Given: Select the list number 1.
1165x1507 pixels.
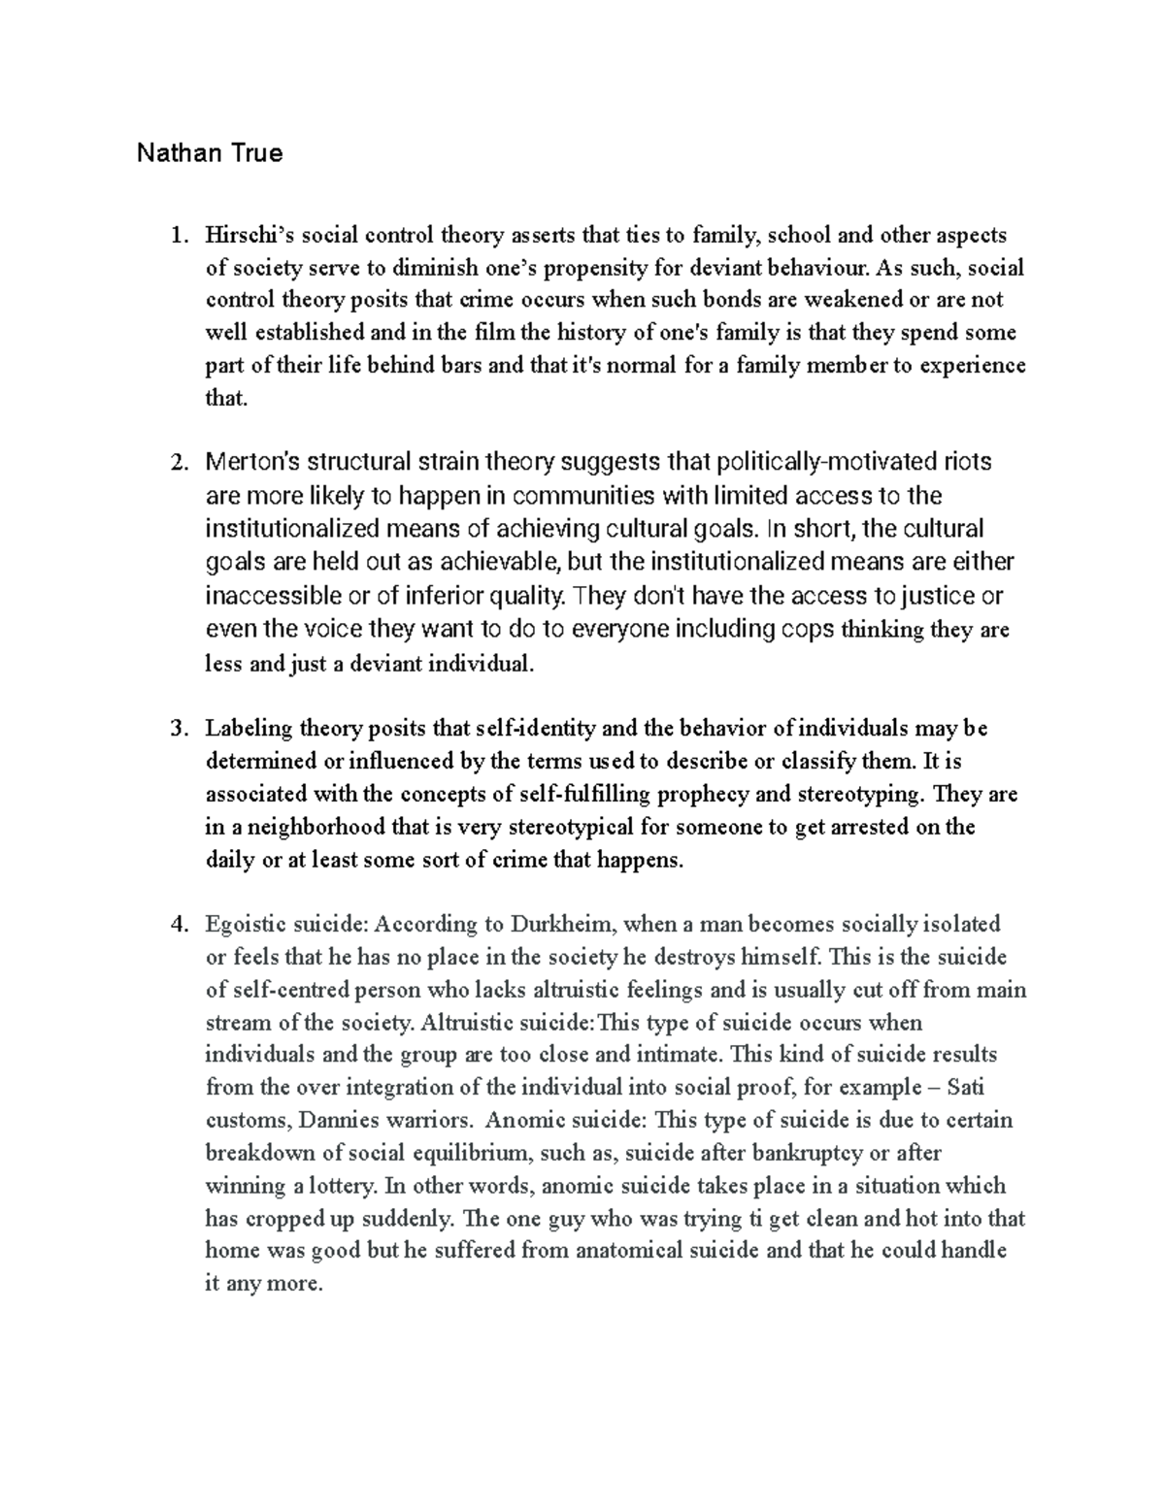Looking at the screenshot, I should click(177, 235).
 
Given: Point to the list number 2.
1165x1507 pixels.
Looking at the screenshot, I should click(177, 462).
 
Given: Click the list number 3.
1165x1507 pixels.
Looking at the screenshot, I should click(177, 729).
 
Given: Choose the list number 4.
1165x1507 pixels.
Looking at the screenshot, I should click(177, 924).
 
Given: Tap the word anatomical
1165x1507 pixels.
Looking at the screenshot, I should click(637, 1250).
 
